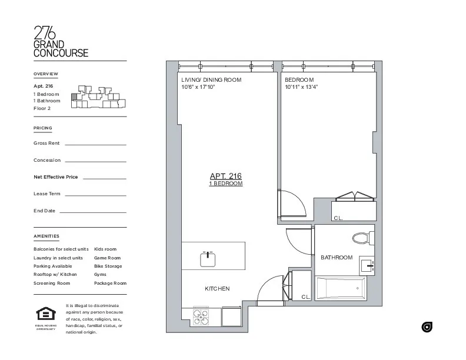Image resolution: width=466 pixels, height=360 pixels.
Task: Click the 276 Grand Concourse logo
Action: pyautogui.click(x=61, y=41)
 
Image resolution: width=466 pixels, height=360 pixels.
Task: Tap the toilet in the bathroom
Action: pyautogui.click(x=362, y=238)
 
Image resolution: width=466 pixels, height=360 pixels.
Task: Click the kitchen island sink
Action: pyautogui.click(x=207, y=258)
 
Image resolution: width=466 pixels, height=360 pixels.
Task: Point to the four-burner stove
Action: pyautogui.click(x=202, y=317)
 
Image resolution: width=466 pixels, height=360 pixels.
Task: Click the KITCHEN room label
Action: pyautogui.click(x=217, y=289)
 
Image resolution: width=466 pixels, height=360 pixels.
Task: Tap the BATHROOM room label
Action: pyautogui.click(x=337, y=258)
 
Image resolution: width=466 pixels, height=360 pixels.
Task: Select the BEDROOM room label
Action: pyautogui.click(x=299, y=80)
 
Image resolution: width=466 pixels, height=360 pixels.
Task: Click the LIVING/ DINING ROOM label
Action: pyautogui.click(x=211, y=80)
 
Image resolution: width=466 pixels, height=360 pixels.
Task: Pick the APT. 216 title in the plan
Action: pyautogui.click(x=226, y=176)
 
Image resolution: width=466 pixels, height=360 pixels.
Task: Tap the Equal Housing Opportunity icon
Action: pyautogui.click(x=45, y=315)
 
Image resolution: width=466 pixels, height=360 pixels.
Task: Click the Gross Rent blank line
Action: pyautogui.click(x=95, y=144)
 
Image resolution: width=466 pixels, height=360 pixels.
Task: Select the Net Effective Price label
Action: pyautogui.click(x=56, y=177)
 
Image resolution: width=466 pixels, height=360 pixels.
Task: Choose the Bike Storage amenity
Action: pyautogui.click(x=108, y=266)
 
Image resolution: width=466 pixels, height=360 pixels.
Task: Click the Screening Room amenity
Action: pyautogui.click(x=52, y=283)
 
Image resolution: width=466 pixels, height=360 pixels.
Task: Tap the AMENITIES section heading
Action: pyautogui.click(x=46, y=236)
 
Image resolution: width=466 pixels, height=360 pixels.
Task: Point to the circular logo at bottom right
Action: pyautogui.click(x=427, y=328)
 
